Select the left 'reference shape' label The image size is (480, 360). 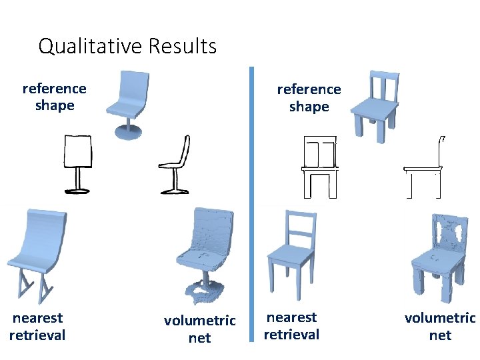[x=54, y=97]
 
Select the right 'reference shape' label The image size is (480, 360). [x=309, y=98]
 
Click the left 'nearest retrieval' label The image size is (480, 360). [x=37, y=327]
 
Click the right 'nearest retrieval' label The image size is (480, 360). [x=291, y=326]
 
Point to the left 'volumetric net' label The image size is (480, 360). [x=199, y=329]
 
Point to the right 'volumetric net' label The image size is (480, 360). [x=440, y=326]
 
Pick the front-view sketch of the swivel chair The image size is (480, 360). [x=77, y=163]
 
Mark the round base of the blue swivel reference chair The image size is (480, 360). [x=128, y=131]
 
